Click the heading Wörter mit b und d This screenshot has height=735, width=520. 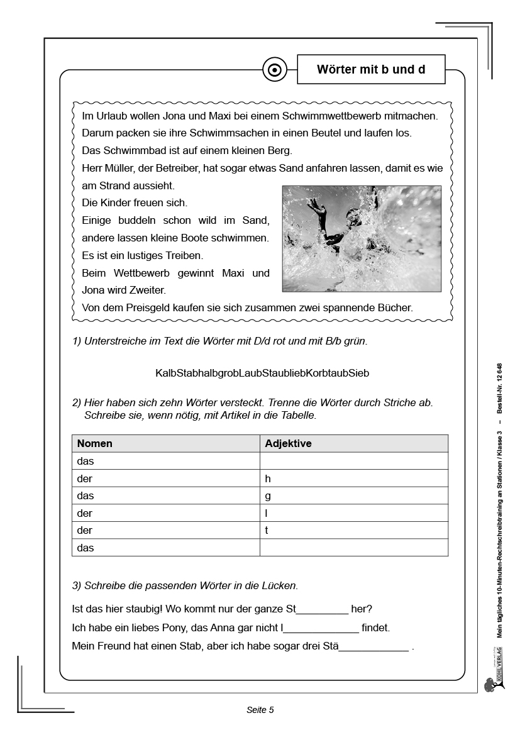pos(371,70)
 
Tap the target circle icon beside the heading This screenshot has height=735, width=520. pos(274,70)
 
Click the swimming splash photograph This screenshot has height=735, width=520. pos(362,238)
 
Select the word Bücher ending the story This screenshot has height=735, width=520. pos(394,308)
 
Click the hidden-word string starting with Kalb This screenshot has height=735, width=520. pos(262,373)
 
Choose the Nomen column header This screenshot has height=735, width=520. pos(95,443)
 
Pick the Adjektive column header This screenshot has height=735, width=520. pos(289,443)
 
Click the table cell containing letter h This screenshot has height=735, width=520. pos(353,478)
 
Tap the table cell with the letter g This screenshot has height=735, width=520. pos(353,495)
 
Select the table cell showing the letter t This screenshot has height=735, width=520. pos(353,530)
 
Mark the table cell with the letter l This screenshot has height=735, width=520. pos(353,513)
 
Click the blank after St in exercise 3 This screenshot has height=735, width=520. pos(322,610)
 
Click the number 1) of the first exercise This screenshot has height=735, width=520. pos(77,341)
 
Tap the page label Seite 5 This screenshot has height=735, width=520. pos(260,710)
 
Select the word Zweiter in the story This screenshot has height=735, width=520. pos(145,290)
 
